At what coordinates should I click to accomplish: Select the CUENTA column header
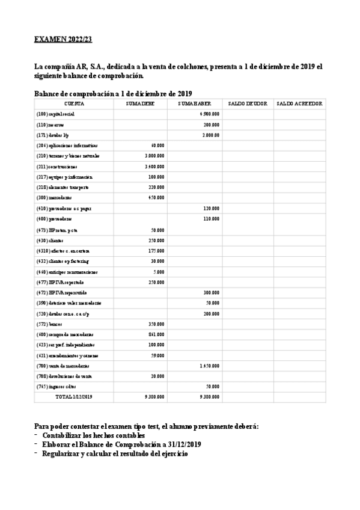coord(75,104)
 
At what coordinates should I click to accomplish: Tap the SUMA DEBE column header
coord(140,104)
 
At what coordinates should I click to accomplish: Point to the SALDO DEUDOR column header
coord(247,104)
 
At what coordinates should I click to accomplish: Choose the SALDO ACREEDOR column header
coord(299,104)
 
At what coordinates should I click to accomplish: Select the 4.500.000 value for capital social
coord(209,114)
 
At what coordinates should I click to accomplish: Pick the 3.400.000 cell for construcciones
coord(154,167)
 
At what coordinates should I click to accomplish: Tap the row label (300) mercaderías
coord(54,197)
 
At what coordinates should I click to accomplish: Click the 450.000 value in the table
coord(156,197)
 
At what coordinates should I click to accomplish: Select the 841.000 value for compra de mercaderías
coord(156,334)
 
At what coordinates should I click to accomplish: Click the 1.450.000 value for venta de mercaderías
coord(209,366)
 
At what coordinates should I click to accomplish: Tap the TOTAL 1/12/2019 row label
coord(75,398)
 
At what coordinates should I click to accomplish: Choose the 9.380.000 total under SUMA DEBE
coord(154,398)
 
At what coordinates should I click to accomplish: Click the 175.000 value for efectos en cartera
coord(156,250)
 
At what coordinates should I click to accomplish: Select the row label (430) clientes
coord(50,239)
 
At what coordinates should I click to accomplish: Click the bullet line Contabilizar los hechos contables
coord(93,435)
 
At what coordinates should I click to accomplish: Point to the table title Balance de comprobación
coord(113,93)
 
